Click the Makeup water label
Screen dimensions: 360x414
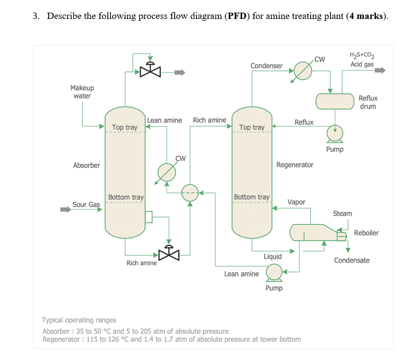82,92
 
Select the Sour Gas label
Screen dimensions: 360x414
86,205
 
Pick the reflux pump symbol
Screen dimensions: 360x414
335,133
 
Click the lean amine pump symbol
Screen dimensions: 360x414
274,273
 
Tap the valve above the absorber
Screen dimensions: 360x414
150,71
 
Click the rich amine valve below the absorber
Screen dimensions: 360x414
169,254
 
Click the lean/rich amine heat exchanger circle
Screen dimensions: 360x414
190,192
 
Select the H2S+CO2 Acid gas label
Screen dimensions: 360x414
362,60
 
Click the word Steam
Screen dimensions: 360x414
342,213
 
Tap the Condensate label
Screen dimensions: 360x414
351,260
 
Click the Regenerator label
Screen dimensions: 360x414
295,165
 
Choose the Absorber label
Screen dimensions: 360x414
86,165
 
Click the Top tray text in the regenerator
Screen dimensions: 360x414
252,127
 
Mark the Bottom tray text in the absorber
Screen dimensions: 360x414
126,197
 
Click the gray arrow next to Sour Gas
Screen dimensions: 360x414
65,210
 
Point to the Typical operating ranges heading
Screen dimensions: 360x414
79,320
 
